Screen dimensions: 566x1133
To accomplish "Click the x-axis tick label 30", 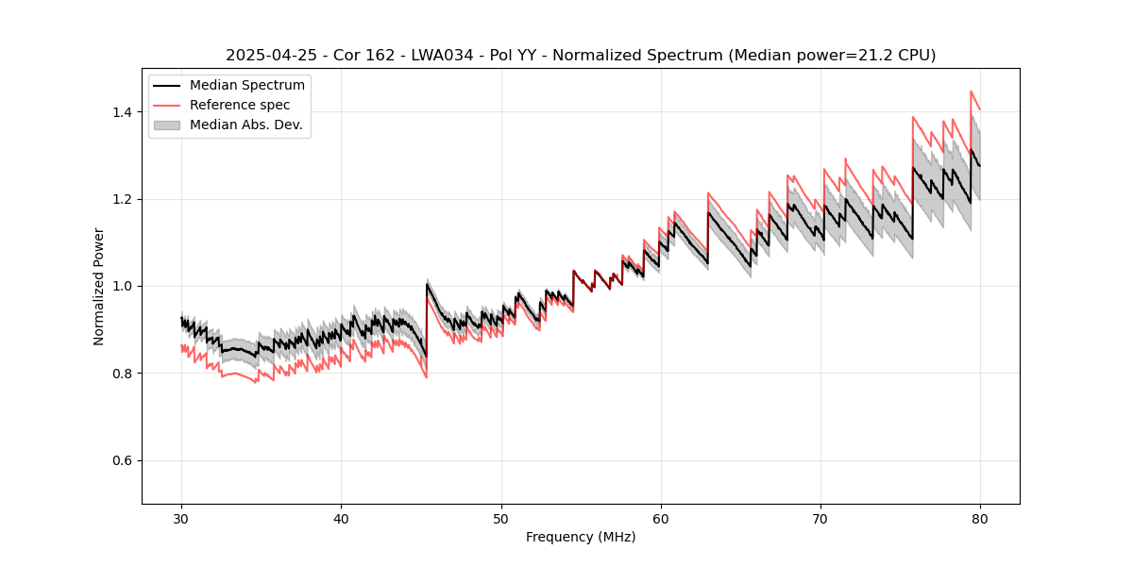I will (x=181, y=518).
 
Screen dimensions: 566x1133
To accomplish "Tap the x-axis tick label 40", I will (x=341, y=518).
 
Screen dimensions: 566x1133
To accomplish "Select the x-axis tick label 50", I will (x=500, y=518).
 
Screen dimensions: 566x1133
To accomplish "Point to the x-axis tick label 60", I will (x=660, y=518).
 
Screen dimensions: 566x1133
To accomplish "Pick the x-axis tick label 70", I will (x=820, y=518).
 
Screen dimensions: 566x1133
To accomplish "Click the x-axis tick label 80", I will (x=980, y=518).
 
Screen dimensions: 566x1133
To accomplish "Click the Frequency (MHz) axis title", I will (x=581, y=538).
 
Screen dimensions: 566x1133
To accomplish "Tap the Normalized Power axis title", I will (x=99, y=286).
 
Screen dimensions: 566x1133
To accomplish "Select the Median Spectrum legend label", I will (x=246, y=86).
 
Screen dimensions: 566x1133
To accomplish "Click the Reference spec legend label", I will (x=240, y=105).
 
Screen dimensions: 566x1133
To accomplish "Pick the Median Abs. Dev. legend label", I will (x=245, y=125).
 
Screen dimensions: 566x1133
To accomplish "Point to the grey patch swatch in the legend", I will (x=167, y=125).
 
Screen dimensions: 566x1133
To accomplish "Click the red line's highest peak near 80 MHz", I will (x=971, y=92).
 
